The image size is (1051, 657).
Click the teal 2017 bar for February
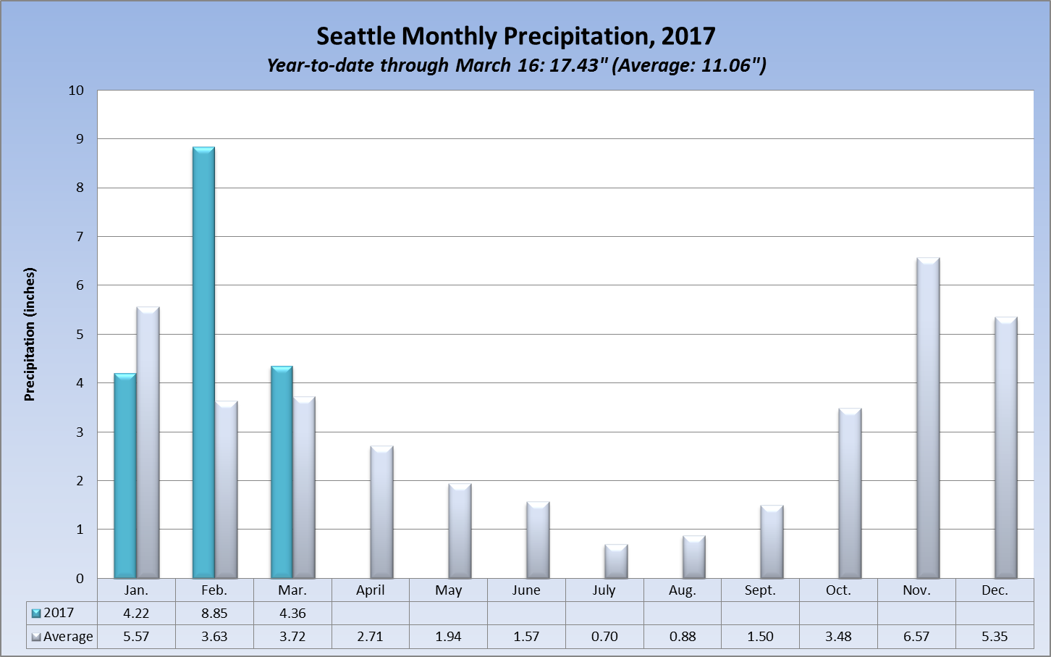click(x=203, y=362)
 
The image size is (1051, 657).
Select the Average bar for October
click(x=850, y=493)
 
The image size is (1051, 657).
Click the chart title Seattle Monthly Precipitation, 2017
click(x=515, y=36)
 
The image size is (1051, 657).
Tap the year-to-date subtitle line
click(x=515, y=65)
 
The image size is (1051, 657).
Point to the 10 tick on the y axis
click(x=76, y=91)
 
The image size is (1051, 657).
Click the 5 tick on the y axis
click(x=80, y=335)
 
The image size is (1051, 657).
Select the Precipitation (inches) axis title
click(x=30, y=334)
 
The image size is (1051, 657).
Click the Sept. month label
click(x=760, y=590)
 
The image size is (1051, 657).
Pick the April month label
click(x=370, y=590)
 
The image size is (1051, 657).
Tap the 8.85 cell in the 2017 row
click(x=214, y=613)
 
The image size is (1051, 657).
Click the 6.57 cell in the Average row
click(x=916, y=637)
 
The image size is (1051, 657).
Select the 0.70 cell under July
click(x=604, y=637)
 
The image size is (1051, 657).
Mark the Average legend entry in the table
click(x=62, y=637)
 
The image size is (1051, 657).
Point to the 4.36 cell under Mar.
click(x=292, y=613)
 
